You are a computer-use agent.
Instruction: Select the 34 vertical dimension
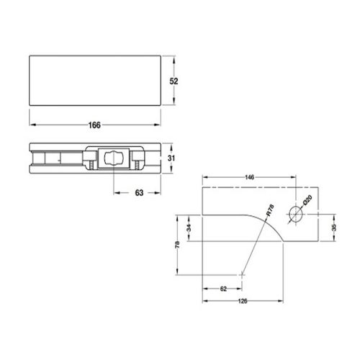[x=188, y=228]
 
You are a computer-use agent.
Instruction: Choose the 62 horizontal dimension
[x=223, y=288]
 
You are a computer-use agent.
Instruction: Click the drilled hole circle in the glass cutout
[x=295, y=214]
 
